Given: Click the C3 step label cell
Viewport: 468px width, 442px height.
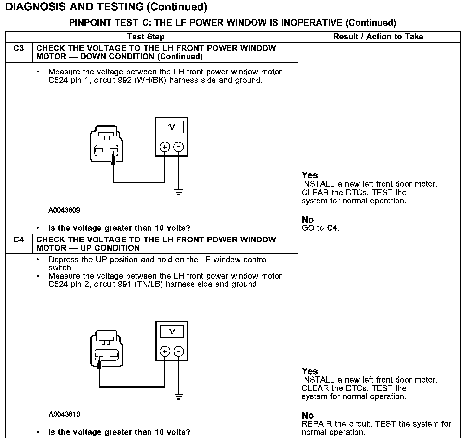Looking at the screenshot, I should point(19,49).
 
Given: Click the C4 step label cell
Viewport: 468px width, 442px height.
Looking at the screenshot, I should point(19,240).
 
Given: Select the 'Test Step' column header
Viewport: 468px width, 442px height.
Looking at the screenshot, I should point(146,37).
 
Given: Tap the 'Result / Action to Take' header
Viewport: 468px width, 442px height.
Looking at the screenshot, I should point(378,37).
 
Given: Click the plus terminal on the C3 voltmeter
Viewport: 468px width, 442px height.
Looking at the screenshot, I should point(165,147).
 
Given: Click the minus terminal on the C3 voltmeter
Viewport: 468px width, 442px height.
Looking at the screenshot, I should point(178,147).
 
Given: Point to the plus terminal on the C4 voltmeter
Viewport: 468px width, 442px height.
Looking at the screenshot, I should point(165,351).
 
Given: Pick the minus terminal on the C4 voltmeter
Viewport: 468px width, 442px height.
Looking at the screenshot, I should point(178,351).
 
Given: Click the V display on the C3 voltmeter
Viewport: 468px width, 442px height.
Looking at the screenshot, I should point(172,127).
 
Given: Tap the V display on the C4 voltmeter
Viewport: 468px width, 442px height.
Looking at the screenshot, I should point(172,331).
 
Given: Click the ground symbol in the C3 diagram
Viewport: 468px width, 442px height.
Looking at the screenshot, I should point(178,192).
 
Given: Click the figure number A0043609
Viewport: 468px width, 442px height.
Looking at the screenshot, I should point(64,210).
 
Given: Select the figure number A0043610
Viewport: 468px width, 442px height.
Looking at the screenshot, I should point(64,414).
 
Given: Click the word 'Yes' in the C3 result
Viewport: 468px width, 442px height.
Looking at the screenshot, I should point(310,175).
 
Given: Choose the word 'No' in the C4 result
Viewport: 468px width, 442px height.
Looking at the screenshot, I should point(308,416).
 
